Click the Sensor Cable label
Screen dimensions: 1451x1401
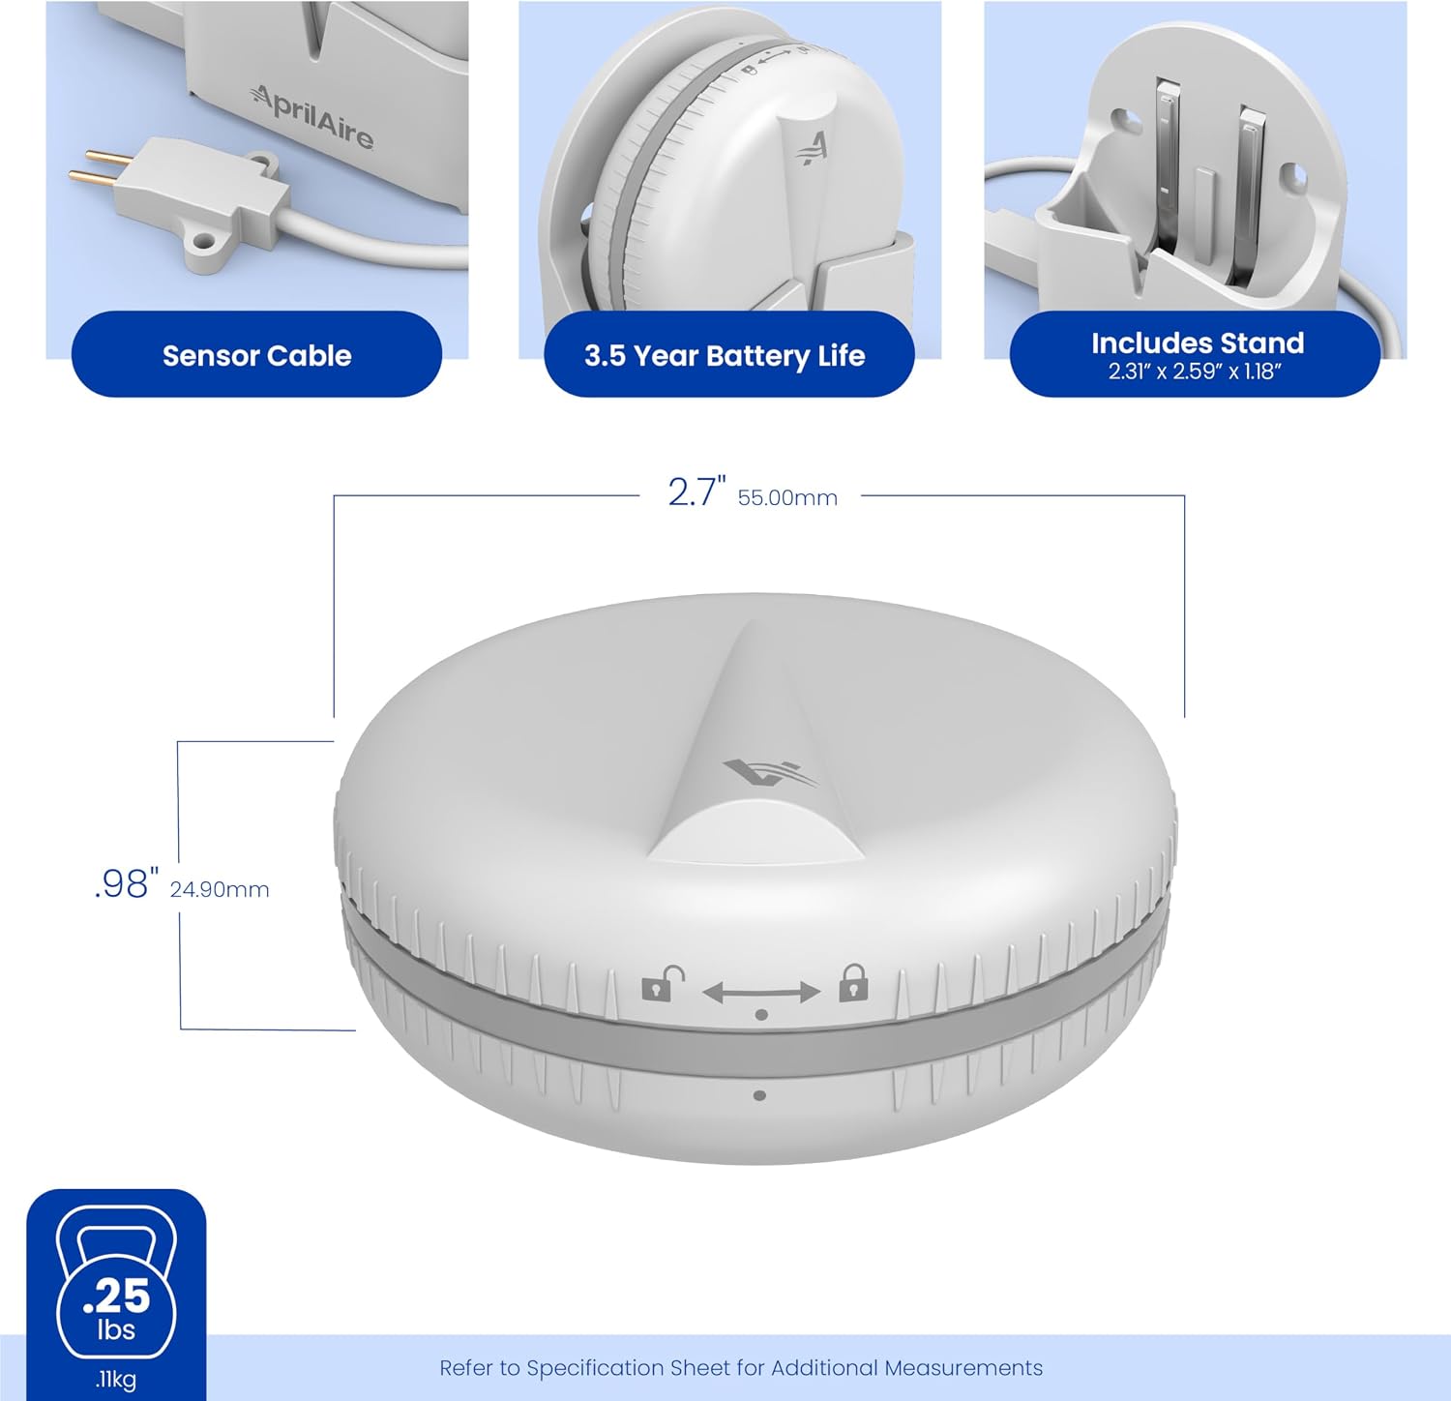point(256,355)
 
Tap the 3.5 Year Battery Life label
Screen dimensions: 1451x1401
point(725,356)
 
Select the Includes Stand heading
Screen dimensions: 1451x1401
point(1198,343)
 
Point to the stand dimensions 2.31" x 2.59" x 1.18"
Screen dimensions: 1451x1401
point(1195,372)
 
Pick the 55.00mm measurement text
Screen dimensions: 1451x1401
point(787,497)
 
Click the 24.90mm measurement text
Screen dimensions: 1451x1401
point(220,889)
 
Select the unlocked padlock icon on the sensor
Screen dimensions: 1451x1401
point(663,985)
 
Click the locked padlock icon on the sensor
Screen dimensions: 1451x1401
point(853,982)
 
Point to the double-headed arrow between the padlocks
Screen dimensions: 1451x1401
point(761,992)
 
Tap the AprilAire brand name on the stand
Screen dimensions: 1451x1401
point(312,116)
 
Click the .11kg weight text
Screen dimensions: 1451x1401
point(115,1379)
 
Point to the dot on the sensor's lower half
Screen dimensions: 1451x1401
point(759,1095)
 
